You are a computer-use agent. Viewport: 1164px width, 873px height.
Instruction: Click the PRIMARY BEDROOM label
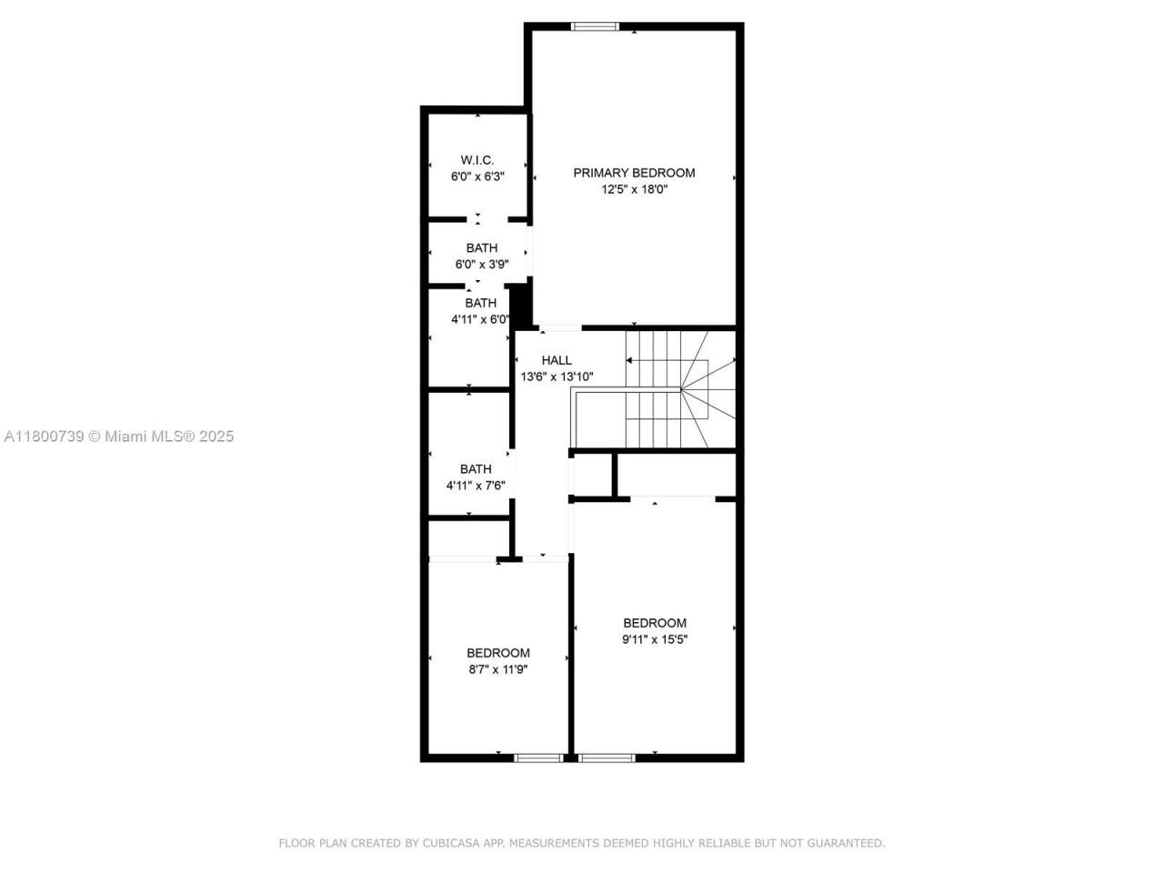tap(634, 173)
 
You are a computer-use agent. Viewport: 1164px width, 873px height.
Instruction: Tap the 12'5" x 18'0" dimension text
tap(634, 189)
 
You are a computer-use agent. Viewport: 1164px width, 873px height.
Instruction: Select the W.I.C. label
tap(477, 160)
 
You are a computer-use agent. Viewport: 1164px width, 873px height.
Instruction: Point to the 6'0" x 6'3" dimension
tap(477, 176)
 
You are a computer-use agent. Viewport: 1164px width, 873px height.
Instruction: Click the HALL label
tap(557, 360)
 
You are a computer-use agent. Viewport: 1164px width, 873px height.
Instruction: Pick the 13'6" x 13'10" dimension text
tap(557, 376)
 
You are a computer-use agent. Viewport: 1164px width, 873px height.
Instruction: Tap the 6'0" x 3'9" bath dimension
tap(481, 265)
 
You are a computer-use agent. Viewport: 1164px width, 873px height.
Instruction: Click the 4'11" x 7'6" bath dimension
tap(475, 486)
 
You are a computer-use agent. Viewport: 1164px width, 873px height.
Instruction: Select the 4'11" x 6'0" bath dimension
tap(480, 319)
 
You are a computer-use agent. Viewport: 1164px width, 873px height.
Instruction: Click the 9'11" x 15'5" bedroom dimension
tap(654, 639)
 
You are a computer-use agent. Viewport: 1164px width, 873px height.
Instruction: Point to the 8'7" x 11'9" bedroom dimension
tap(498, 669)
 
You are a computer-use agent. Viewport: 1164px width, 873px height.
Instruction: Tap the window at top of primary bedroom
tap(595, 26)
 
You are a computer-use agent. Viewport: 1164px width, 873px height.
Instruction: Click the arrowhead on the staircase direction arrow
tap(628, 360)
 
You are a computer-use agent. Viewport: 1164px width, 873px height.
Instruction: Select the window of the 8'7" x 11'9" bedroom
tap(538, 757)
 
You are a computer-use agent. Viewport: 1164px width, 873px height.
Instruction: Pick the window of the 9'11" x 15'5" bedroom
tap(607, 757)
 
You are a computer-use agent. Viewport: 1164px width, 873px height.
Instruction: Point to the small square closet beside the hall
tap(593, 474)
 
